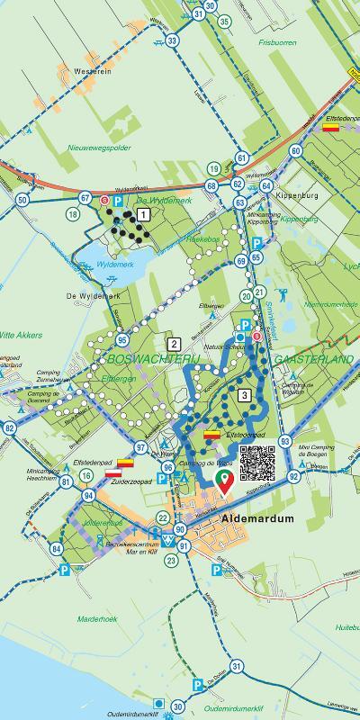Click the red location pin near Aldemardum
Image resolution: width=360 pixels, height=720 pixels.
pos(222,480)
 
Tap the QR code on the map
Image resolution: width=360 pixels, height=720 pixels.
pos(256,463)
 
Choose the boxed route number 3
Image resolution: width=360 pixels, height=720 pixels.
pos(244,394)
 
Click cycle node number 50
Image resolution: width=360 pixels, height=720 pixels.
pos(22,200)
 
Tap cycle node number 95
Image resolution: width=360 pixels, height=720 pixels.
pos(121,339)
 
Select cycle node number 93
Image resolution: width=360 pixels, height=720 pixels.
pos(285,441)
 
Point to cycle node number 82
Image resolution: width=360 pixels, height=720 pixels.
pos(9,428)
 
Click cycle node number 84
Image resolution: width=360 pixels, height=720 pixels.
pos(57,549)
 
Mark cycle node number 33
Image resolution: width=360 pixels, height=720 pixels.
pos(172,40)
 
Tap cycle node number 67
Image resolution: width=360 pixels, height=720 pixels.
pos(85,198)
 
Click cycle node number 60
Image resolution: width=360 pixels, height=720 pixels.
pos(295,150)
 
